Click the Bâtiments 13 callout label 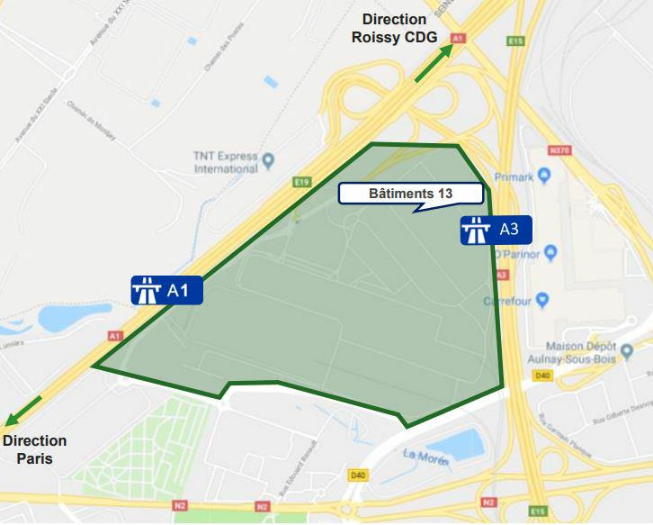click(410, 194)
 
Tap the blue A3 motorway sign click(496, 230)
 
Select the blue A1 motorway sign click(166, 290)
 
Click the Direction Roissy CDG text click(394, 28)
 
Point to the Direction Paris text click(34, 449)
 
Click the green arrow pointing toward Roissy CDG click(434, 63)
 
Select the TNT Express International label click(226, 162)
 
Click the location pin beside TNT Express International click(268, 159)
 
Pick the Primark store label click(514, 177)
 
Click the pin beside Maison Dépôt click(627, 348)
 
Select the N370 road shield click(559, 150)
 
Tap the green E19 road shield click(302, 181)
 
